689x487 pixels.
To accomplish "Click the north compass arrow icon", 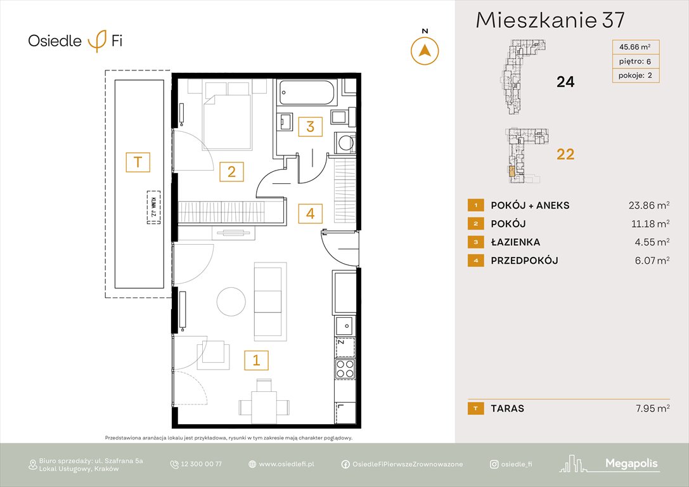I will [425, 50].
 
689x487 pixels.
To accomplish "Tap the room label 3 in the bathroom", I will [310, 126].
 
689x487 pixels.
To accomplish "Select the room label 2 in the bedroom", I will [232, 171].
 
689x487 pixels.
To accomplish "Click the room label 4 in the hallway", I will [310, 213].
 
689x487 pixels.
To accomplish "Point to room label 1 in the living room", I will [256, 360].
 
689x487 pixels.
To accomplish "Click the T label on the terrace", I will [138, 162].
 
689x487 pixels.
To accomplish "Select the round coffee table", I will [231, 301].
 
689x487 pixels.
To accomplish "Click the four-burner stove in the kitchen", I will [345, 368].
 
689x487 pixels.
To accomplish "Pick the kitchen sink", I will [345, 325].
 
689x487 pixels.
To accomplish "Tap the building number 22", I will [565, 154].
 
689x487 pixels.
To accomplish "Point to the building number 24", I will [565, 81].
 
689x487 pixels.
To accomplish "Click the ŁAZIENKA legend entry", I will [515, 242].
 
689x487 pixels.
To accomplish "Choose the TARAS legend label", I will [507, 408].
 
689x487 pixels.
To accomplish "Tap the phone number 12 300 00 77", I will [201, 464].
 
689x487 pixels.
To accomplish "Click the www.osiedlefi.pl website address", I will [287, 464].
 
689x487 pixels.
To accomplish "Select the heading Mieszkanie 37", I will [550, 20].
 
